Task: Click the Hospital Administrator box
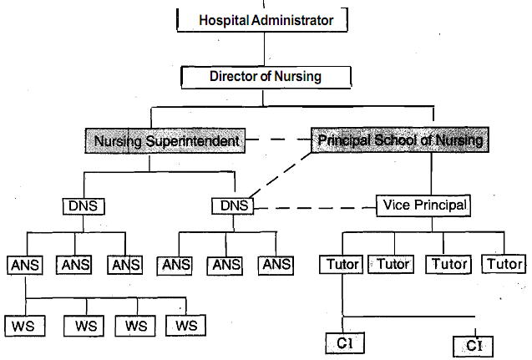click(264, 19)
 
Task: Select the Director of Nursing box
click(264, 77)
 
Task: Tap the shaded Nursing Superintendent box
click(167, 140)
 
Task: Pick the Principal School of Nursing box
click(399, 140)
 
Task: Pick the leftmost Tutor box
click(340, 265)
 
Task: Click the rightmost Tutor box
click(505, 265)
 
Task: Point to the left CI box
click(342, 342)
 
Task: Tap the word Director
click(236, 77)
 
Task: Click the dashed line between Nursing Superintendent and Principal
click(278, 140)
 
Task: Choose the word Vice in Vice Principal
click(395, 204)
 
